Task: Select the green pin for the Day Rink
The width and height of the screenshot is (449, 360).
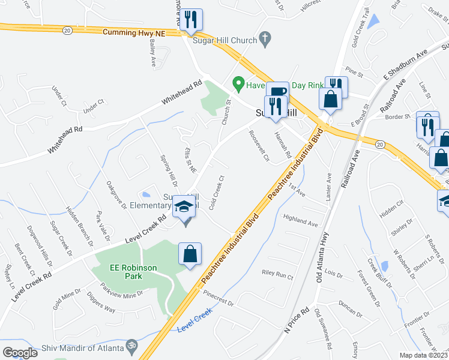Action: [238, 83]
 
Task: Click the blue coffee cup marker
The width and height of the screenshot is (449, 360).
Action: [277, 92]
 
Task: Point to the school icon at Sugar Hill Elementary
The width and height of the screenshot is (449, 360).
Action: [184, 208]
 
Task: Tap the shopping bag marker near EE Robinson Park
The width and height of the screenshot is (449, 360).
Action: [190, 253]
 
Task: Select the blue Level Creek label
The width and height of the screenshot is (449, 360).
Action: [195, 327]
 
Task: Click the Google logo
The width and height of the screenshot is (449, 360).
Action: [20, 353]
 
